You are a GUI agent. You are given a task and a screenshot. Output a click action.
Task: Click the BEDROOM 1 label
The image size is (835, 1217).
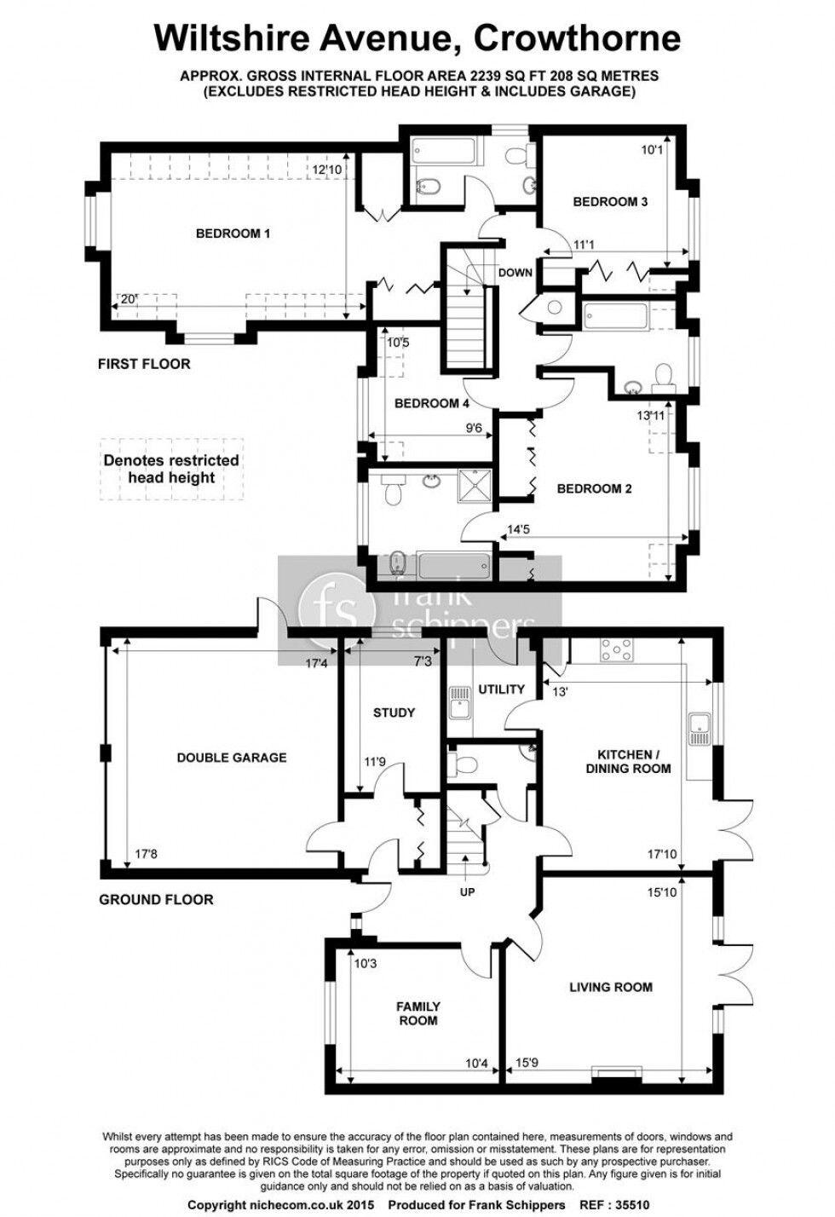pos(233,233)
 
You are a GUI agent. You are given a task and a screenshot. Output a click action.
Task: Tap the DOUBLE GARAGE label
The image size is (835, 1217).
pos(232,757)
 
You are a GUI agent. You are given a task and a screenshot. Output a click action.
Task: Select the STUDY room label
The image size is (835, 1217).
pos(394,712)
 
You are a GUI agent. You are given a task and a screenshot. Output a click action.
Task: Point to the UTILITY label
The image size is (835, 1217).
pos(501,689)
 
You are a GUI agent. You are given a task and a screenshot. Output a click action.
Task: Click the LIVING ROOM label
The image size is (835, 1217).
pos(611,987)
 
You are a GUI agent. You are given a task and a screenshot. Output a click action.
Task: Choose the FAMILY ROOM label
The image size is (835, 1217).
pos(417,1013)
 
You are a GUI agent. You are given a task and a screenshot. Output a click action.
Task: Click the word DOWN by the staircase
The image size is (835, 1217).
pos(515,273)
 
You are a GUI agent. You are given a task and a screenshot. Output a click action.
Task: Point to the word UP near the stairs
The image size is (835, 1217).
pos(466,892)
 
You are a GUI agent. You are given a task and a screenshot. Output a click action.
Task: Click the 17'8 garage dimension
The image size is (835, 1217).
pos(147,852)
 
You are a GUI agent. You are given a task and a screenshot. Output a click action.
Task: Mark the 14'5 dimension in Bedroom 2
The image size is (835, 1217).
pos(520,529)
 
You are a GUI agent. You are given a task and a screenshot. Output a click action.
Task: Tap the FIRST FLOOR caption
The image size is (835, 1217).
pos(144,364)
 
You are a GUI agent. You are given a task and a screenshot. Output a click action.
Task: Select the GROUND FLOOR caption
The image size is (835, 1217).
pos(156,899)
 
